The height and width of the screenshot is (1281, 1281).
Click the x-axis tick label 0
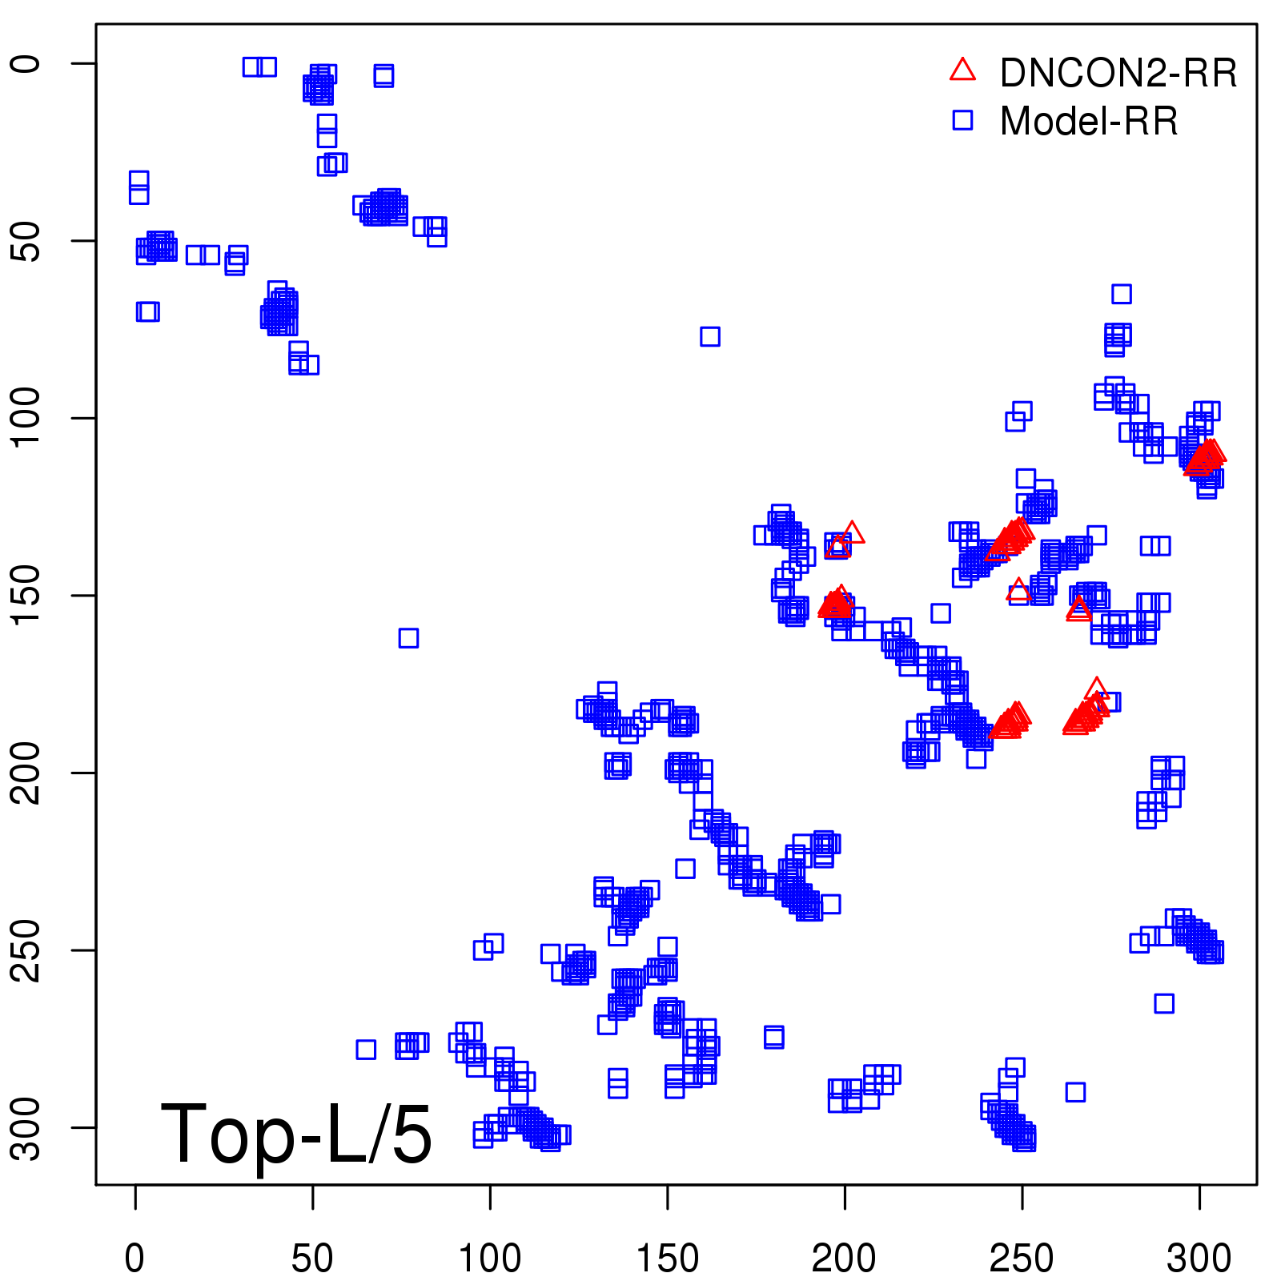click(135, 1258)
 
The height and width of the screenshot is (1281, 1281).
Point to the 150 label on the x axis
click(667, 1258)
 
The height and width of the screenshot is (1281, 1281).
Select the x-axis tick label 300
click(1199, 1258)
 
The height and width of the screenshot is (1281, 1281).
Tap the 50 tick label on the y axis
click(26, 240)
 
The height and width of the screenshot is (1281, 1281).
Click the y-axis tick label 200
click(26, 773)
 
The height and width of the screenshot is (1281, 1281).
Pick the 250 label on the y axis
click(26, 950)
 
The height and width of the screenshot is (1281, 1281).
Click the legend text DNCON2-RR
click(1118, 74)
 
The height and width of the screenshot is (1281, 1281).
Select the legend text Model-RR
click(1089, 122)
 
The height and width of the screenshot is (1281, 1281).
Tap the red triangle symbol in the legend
click(962, 70)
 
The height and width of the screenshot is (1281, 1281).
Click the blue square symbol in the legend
click(962, 120)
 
